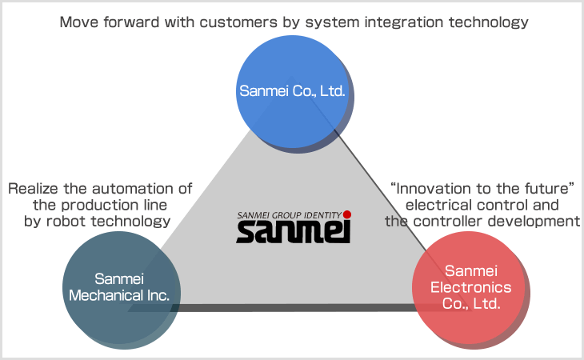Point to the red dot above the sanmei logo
pyautogui.click(x=346, y=215)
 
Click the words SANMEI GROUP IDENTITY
pyautogui.click(x=289, y=215)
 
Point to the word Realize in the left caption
pyautogui.click(x=33, y=189)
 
